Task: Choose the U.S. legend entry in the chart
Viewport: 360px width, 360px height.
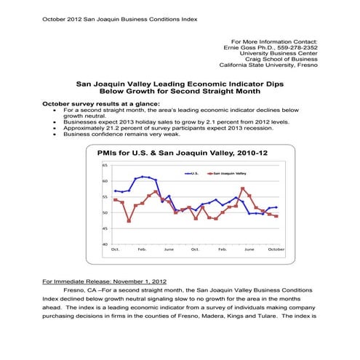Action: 193,174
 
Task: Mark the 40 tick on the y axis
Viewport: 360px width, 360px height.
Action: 105,244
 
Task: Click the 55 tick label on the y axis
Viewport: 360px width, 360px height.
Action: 105,197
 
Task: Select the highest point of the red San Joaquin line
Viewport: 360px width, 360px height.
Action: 243,188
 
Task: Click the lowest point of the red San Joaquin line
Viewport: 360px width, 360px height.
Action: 129,221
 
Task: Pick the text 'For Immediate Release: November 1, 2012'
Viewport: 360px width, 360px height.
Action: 105,281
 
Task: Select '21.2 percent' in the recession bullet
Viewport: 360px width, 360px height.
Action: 109,128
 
